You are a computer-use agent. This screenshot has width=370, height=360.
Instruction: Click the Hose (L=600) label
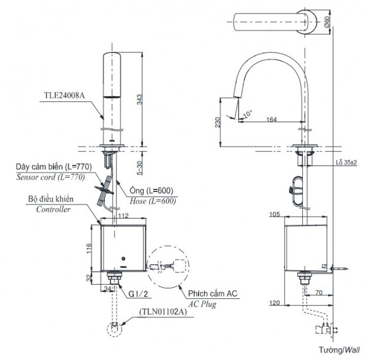[x=154, y=201]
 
